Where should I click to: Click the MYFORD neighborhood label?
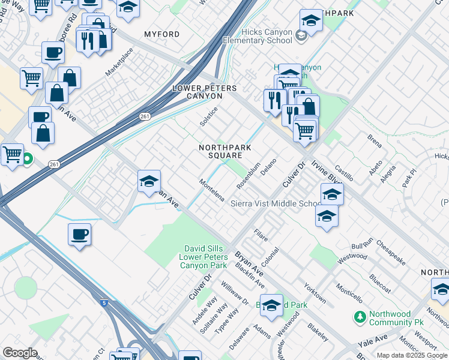[161, 35]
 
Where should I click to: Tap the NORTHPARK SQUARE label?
[225, 151]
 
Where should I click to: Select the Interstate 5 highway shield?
[104, 303]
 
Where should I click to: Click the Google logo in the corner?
[20, 352]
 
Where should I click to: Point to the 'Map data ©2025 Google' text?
[412, 355]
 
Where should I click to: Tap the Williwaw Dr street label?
[235, 293]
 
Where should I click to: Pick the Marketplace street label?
[118, 62]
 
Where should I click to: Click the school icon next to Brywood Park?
[271, 305]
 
